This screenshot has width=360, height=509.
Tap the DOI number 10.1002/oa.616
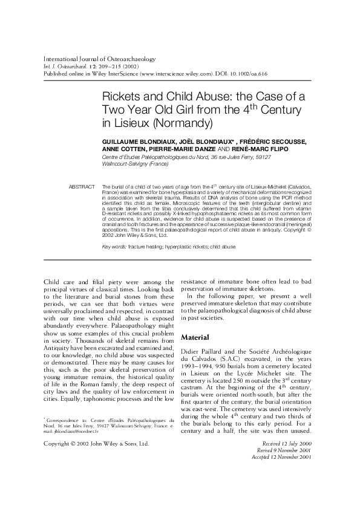(245, 73)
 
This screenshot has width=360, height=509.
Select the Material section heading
(195, 337)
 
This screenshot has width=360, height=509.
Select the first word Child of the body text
(53, 282)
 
